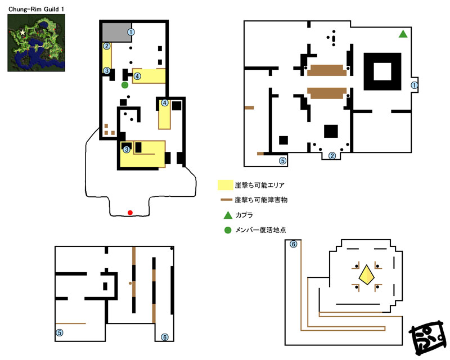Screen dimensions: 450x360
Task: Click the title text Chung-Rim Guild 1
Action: (36, 9)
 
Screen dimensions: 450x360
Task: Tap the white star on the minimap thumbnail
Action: (22, 33)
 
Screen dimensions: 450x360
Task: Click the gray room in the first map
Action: (117, 33)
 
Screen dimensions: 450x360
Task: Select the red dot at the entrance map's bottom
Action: (130, 213)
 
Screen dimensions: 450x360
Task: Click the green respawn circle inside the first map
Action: (124, 85)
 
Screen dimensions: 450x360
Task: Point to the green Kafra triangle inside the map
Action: (403, 34)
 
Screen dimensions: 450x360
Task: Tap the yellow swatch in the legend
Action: (226, 185)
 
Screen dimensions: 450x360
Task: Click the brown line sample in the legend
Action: (226, 200)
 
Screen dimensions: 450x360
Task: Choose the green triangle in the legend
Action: (228, 215)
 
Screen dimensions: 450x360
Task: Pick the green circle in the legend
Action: (228, 230)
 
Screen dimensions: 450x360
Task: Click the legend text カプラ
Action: (244, 215)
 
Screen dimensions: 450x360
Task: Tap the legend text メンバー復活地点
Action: (260, 230)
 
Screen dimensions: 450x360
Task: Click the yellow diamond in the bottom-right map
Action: (367, 274)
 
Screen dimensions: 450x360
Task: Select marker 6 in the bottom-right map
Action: (293, 244)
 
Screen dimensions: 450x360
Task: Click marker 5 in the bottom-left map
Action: (60, 333)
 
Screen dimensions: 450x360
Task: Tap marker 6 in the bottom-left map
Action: (165, 337)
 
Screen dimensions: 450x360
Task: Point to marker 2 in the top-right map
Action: (332, 156)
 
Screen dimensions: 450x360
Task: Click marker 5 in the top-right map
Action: (283, 161)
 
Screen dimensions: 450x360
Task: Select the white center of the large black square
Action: (382, 71)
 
